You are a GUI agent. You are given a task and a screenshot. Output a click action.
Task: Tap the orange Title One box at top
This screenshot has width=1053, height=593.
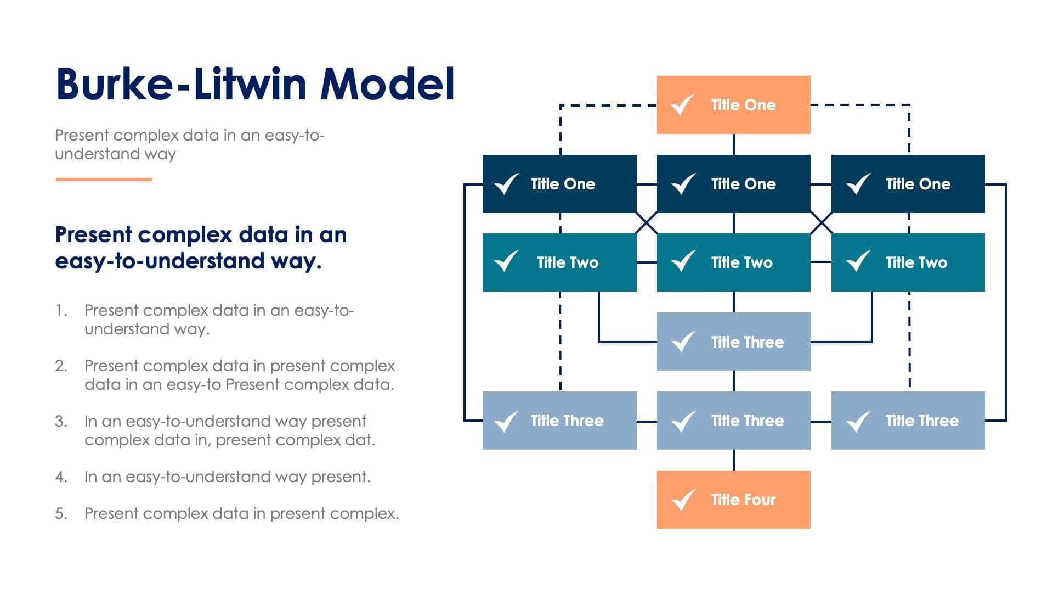(733, 105)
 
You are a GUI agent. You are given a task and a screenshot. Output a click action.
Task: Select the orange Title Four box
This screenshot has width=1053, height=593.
(733, 499)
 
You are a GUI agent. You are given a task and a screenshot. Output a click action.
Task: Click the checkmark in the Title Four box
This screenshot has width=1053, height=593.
(683, 500)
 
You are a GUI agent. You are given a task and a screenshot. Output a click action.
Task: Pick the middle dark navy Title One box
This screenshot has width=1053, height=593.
(733, 184)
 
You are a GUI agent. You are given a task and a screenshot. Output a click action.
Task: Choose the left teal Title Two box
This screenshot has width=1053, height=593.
(559, 262)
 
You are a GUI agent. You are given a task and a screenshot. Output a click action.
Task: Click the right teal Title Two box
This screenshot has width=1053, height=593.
(908, 262)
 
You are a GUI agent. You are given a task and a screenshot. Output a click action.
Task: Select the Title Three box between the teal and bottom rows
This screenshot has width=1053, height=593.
(733, 342)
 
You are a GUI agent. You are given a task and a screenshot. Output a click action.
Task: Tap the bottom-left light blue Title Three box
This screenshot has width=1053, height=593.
(559, 421)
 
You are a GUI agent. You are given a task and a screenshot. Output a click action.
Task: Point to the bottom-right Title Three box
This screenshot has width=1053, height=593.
(908, 421)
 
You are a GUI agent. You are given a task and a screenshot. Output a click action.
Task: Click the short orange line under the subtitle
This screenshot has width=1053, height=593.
(104, 179)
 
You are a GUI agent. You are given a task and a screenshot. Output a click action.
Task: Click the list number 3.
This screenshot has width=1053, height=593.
(61, 422)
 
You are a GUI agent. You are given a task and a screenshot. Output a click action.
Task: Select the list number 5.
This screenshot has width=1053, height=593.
(61, 514)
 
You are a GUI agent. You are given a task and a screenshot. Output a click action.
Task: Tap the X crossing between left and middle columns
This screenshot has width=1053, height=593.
(647, 223)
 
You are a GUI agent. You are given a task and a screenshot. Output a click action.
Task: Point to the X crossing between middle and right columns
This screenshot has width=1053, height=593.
(821, 223)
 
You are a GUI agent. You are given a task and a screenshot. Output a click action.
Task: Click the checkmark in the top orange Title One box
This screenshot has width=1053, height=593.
(683, 105)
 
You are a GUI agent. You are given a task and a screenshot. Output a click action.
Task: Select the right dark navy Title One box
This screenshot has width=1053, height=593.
(908, 184)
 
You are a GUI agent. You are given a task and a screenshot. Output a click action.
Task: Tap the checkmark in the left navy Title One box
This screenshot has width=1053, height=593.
(506, 184)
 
